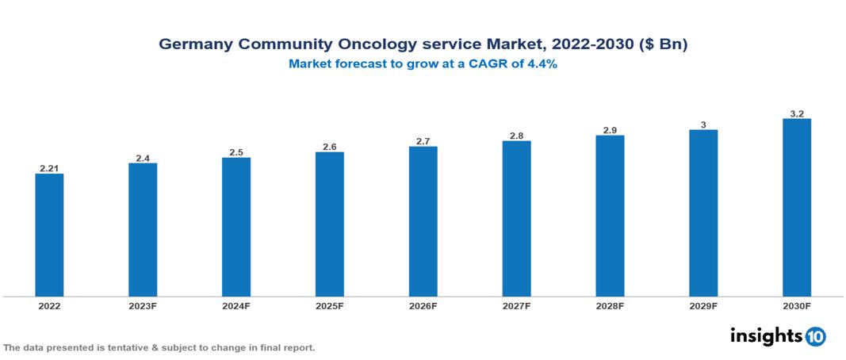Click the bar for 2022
click(x=49, y=235)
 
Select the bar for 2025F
click(x=329, y=224)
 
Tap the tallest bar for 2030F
click(x=796, y=208)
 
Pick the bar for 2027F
click(x=516, y=219)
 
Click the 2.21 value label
click(x=49, y=168)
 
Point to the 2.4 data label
click(x=143, y=158)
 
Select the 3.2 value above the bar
click(x=797, y=113)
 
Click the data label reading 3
click(x=703, y=124)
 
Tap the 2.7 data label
click(x=423, y=141)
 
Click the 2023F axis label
click(x=143, y=306)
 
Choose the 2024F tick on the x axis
click(x=236, y=306)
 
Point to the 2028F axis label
click(x=610, y=306)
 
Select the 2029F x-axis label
click(x=703, y=306)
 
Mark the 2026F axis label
click(x=423, y=306)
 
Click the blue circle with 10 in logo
click(x=815, y=336)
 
